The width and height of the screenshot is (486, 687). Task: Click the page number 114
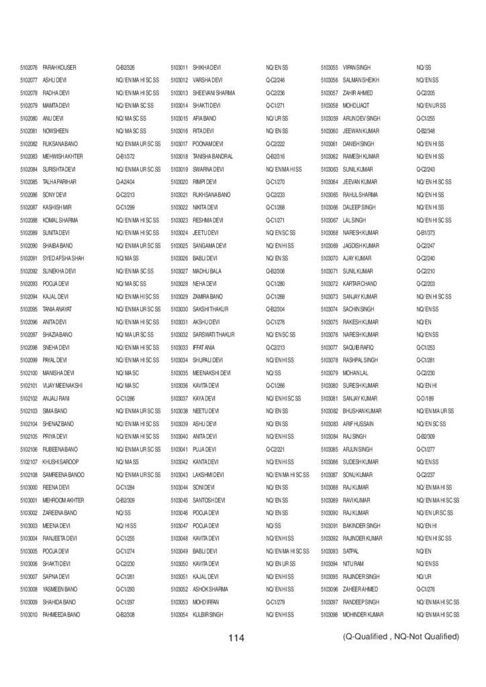(x=236, y=637)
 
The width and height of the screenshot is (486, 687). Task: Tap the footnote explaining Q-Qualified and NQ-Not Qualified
(x=400, y=636)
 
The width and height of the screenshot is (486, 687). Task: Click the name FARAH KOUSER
(x=60, y=67)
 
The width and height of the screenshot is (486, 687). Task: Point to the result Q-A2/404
(x=126, y=182)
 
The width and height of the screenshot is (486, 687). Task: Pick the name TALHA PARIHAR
(x=60, y=182)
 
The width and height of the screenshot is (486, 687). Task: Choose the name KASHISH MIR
(x=57, y=207)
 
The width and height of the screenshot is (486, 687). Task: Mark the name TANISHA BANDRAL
(x=212, y=156)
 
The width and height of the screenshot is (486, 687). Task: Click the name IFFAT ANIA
(x=203, y=348)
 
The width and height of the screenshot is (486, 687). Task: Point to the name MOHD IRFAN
(x=206, y=602)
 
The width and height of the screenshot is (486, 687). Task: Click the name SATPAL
(x=351, y=551)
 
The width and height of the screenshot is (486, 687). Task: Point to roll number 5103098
(x=329, y=615)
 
